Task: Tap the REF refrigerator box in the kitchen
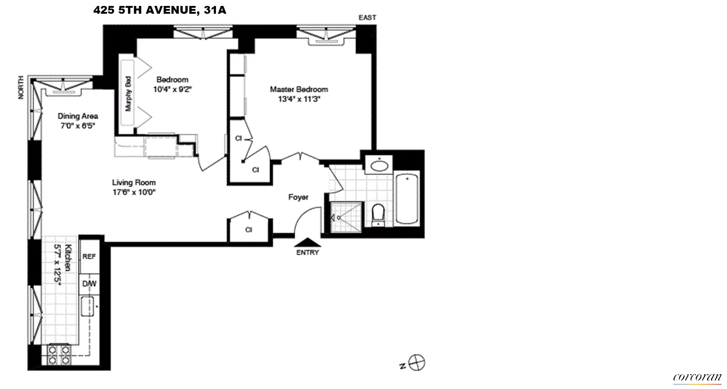pos(89,256)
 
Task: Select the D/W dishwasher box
pos(89,284)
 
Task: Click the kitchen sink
pos(88,306)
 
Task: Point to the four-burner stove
pos(59,355)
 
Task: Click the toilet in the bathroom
pos(378,215)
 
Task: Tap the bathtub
pos(407,199)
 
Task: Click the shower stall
pos(346,217)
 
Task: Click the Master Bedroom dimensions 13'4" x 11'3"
pos(299,99)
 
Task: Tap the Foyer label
pos(298,197)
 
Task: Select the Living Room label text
pos(134,182)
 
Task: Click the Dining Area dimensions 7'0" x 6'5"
pos(78,125)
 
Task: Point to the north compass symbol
pos(417,362)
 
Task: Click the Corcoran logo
pos(697,377)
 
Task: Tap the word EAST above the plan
pos(367,17)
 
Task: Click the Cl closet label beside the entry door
pos(249,230)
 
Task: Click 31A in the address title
pos(215,10)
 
